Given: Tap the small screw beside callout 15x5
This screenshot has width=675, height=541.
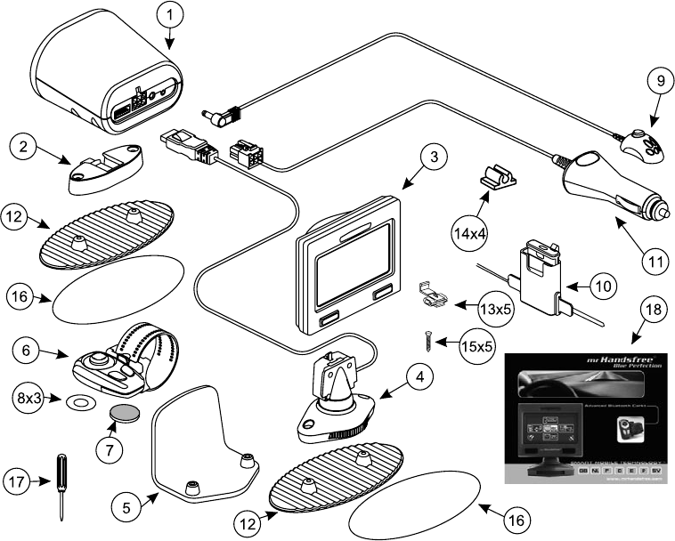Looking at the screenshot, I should click(x=426, y=340).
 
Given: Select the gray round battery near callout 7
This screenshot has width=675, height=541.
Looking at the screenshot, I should click(x=121, y=414).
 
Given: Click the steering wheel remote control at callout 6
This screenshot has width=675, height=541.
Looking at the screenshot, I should click(x=104, y=363).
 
